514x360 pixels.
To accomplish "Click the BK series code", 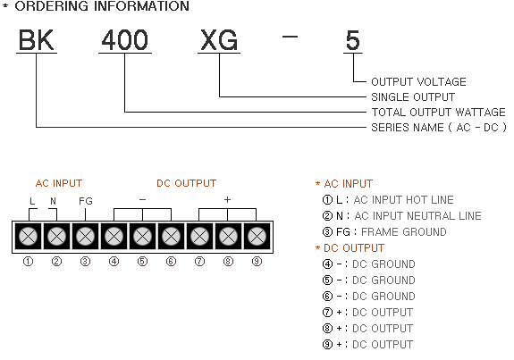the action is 36,40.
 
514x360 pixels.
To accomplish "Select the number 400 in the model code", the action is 125,40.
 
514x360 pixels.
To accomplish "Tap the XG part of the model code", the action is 219,40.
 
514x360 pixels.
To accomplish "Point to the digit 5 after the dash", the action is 353,40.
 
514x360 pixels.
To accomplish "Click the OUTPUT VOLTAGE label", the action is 418,81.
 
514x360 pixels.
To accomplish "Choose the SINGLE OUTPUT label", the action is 413,97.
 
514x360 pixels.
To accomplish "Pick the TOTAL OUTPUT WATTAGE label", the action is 438,113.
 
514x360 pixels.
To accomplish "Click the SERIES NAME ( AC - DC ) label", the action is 439,127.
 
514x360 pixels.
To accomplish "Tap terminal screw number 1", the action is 29,236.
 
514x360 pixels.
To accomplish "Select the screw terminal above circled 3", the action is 85,236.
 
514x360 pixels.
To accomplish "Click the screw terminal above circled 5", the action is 143,236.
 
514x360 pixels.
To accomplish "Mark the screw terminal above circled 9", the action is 257,236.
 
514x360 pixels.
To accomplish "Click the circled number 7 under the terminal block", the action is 199,262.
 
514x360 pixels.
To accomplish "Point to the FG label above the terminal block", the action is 86,201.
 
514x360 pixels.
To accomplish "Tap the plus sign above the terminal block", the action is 227,199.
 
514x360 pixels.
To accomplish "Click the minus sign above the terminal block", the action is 143,199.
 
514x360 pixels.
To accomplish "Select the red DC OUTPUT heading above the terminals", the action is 186,183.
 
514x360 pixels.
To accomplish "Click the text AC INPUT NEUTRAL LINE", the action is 417,216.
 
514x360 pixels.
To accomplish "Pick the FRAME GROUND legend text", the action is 404,232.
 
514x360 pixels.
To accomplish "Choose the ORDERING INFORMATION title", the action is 102,6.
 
